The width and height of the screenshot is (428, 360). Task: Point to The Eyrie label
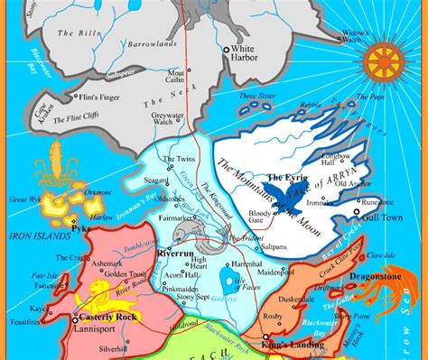tap(284, 180)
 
